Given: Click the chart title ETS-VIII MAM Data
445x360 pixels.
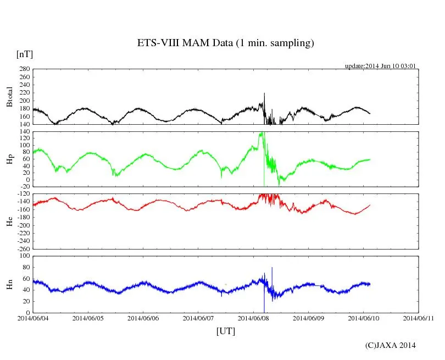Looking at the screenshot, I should coord(225,43).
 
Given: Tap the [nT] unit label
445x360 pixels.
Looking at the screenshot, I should coord(24,54).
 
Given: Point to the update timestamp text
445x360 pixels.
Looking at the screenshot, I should coord(380,66).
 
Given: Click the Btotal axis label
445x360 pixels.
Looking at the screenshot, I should coord(9,97).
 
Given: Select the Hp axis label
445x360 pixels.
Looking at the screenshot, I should coord(9,159).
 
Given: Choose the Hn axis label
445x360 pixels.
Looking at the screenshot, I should coord(9,284).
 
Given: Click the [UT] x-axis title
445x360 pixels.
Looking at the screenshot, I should coord(226,331).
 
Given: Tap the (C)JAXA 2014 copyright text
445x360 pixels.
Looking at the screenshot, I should coord(390,345).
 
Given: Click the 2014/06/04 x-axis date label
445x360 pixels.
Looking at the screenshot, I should coord(33,318).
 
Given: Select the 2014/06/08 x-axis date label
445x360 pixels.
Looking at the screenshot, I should coord(253,318).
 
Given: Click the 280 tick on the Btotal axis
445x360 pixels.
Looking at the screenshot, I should coord(24,69).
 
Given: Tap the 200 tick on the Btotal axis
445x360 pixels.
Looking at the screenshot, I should coord(24,101).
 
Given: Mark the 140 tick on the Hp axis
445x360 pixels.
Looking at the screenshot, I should coord(24,132).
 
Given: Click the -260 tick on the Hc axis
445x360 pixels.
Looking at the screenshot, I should coord(22,248).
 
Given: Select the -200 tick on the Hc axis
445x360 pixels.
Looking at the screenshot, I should coord(22,225).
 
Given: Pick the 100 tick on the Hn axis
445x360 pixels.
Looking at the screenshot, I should coord(25,256).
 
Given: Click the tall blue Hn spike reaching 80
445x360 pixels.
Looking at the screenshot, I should coord(272,268).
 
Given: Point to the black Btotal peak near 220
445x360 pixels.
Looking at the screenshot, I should coord(264,94).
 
